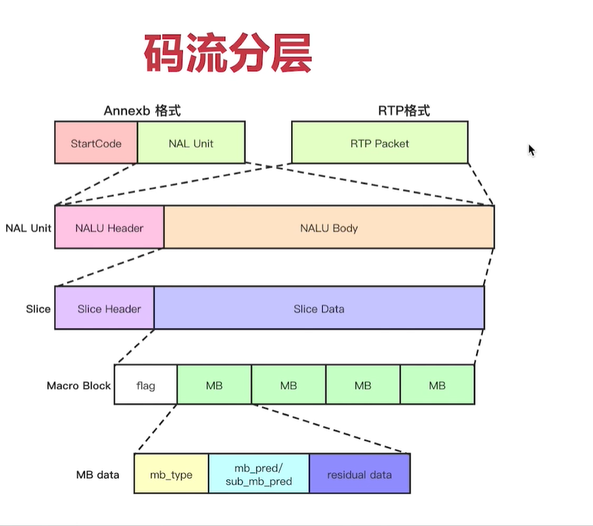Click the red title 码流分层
click(x=228, y=55)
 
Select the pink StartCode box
click(x=96, y=142)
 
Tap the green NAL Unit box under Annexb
click(x=191, y=142)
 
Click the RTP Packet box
click(x=380, y=142)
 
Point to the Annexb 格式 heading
click(x=142, y=111)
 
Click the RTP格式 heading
click(x=403, y=111)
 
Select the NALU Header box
click(x=109, y=228)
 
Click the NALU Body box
click(x=329, y=228)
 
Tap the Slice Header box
click(x=105, y=309)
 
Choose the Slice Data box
click(x=319, y=309)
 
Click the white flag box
click(x=146, y=386)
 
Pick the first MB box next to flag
click(x=214, y=386)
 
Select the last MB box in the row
click(x=437, y=386)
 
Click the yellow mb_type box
click(x=172, y=474)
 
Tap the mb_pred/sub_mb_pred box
click(x=259, y=474)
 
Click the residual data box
click(x=359, y=474)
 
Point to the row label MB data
click(x=98, y=475)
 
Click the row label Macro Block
click(x=78, y=386)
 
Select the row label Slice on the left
click(x=38, y=309)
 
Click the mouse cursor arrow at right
click(x=532, y=150)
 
